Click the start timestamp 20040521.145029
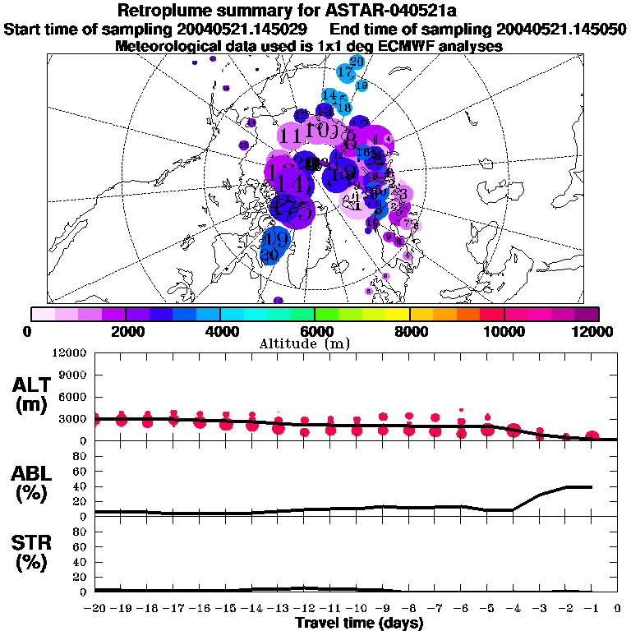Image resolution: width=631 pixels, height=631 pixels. (243, 29)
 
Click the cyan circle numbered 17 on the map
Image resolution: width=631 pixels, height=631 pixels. (345, 72)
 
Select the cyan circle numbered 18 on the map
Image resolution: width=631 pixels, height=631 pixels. (344, 108)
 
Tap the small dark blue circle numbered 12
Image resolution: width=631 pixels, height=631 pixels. (302, 114)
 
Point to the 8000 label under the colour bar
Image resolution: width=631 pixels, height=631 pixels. (409, 331)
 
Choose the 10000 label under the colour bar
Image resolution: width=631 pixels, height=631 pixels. (504, 331)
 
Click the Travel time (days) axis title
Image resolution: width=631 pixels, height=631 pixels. (358, 624)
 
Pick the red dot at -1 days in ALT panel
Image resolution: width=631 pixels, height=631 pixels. (592, 436)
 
